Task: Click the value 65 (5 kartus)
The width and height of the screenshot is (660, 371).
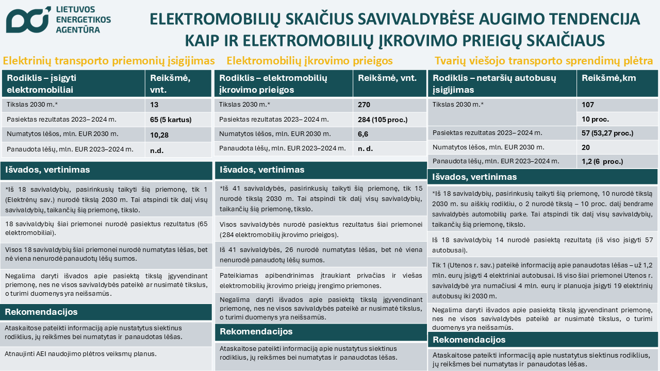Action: (171, 120)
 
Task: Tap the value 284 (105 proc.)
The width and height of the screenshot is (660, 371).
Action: (383, 120)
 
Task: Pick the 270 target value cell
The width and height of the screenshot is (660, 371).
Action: (365, 105)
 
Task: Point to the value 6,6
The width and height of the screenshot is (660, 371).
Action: (364, 134)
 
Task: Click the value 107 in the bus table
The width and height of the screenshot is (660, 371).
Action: (588, 105)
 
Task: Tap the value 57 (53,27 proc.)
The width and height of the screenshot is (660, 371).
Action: (607, 133)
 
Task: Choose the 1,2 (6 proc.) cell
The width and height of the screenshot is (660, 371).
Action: (602, 161)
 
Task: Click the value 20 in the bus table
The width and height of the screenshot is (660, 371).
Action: (586, 147)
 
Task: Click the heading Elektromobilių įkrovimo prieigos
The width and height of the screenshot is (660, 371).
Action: (309, 61)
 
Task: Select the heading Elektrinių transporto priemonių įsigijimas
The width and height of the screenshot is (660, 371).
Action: (109, 61)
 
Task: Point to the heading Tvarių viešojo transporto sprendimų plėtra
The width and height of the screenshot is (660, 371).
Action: (544, 61)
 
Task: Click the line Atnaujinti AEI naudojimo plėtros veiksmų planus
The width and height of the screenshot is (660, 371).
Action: (80, 354)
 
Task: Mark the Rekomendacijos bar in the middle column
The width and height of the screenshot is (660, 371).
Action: (257, 332)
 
